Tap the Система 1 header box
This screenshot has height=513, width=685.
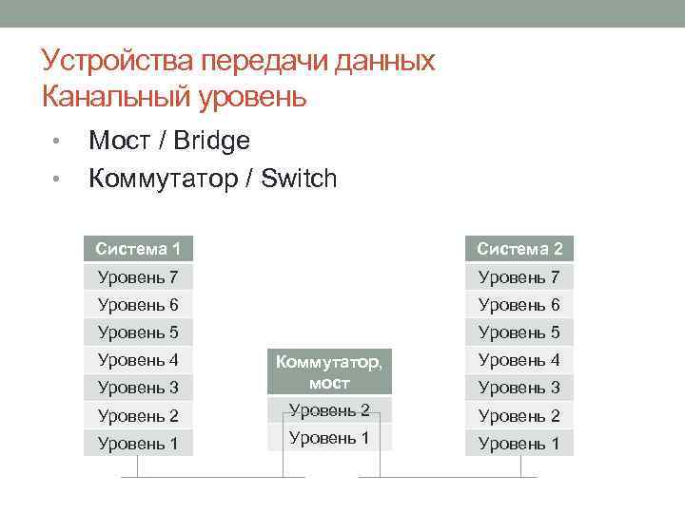point(138,249)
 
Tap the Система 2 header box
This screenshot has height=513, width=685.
point(519,249)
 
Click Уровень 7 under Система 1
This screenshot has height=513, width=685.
point(138,277)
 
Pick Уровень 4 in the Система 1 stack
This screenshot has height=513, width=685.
point(138,360)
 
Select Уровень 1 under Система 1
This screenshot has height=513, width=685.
point(138,443)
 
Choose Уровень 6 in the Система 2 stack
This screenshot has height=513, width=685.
point(519,305)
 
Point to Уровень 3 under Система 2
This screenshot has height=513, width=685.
point(519,388)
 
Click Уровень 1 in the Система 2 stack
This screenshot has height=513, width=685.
point(519,443)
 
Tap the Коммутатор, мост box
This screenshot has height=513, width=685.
point(329,371)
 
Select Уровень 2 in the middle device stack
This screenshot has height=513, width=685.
point(329,410)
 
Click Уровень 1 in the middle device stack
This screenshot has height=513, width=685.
point(329,438)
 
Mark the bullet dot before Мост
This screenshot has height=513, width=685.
point(56,142)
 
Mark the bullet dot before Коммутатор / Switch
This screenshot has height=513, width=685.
point(56,180)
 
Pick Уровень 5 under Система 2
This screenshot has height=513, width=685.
point(519,332)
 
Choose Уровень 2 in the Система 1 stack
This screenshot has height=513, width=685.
point(138,415)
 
